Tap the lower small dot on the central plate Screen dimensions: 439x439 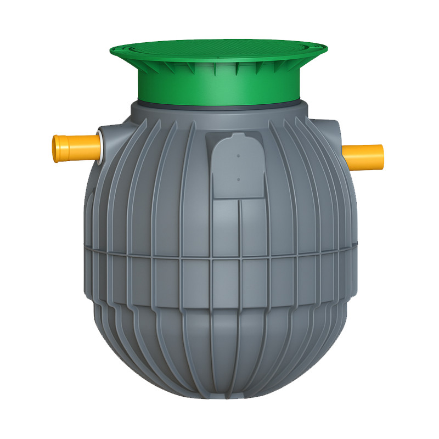coord(239,179)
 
